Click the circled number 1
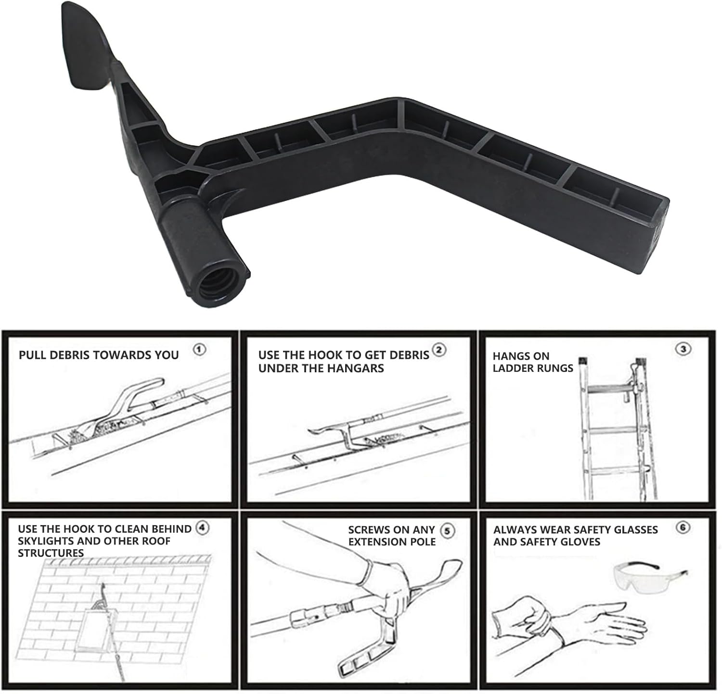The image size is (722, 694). (200, 350)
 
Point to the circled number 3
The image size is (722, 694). (683, 349)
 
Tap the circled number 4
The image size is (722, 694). (203, 528)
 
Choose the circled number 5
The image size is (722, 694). (448, 530)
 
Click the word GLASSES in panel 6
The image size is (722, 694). (635, 530)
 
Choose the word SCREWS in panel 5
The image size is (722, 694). (369, 530)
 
